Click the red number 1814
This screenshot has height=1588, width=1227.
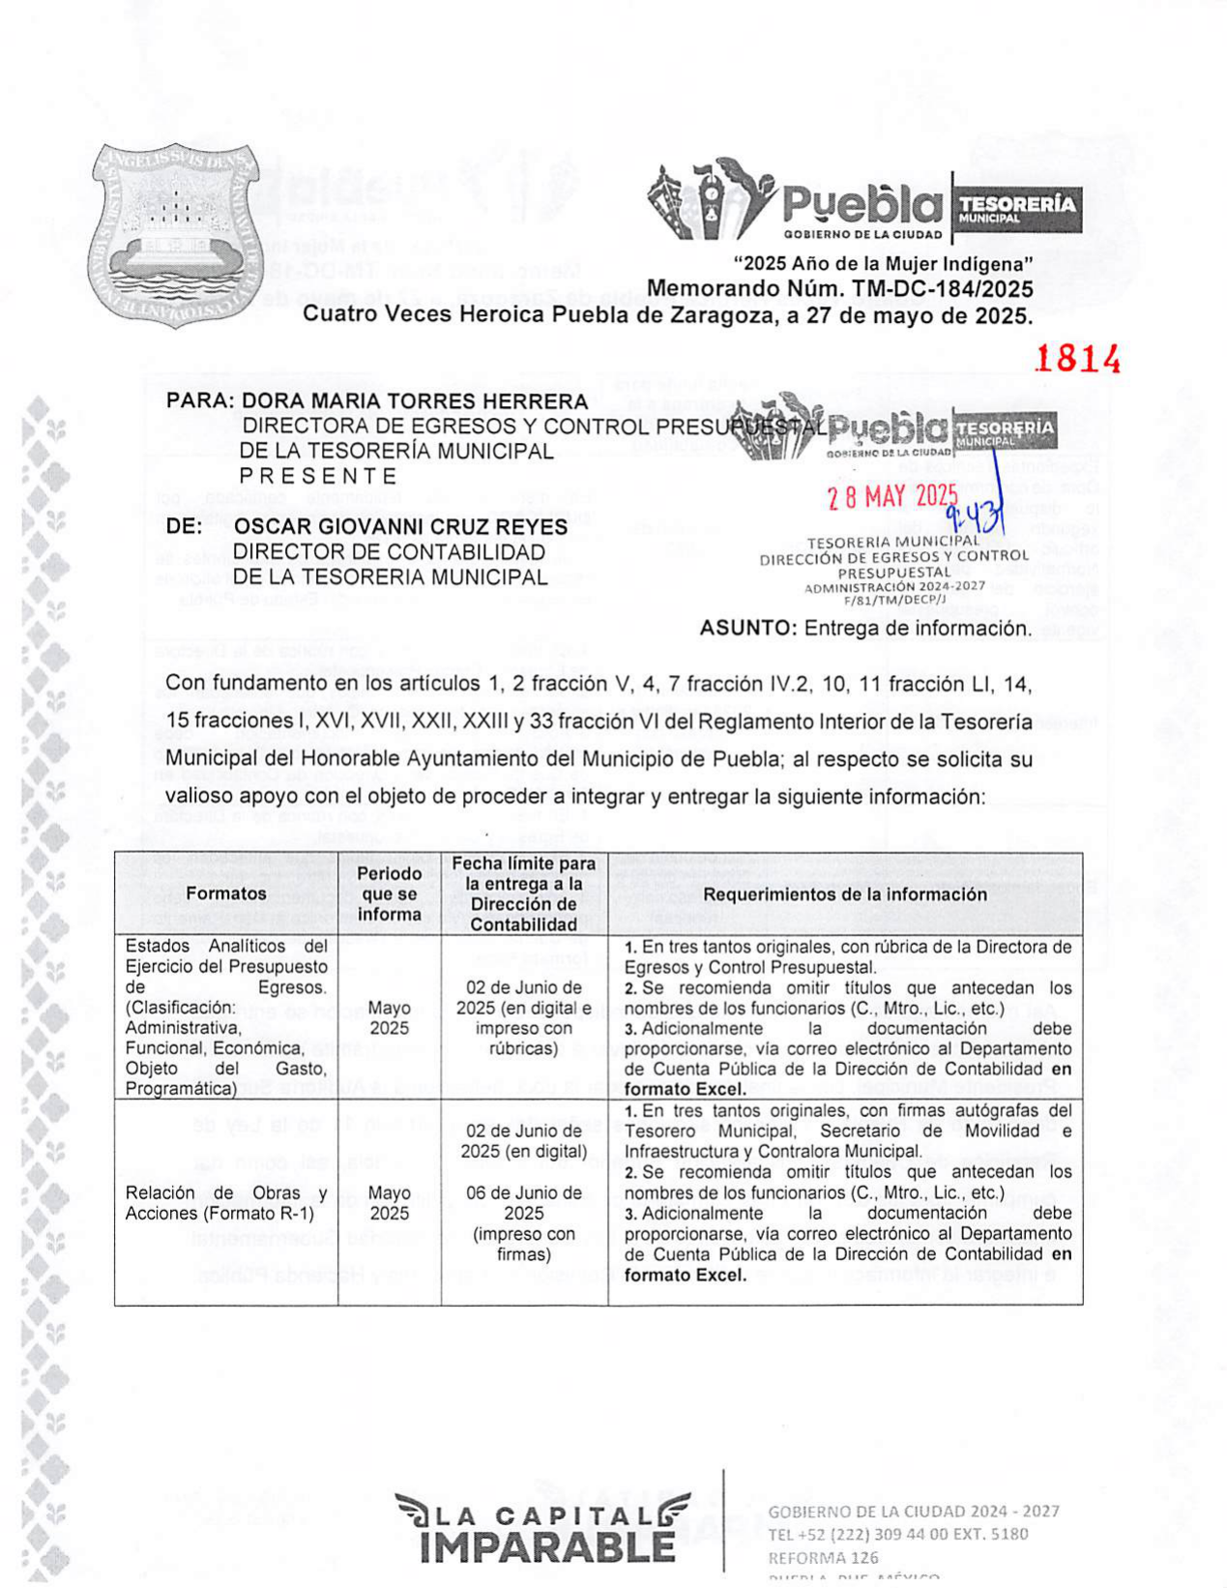pos(1077,359)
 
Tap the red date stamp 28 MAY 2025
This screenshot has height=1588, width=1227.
pos(891,497)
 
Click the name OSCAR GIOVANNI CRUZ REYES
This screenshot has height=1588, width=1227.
pos(400,527)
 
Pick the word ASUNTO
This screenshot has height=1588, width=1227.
pos(746,628)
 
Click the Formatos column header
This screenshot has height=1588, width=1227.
pos(225,894)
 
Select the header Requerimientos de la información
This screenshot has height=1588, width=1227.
pos(844,894)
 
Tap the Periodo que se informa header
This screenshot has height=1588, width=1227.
pos(389,894)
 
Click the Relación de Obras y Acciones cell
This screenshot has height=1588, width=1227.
pos(225,1203)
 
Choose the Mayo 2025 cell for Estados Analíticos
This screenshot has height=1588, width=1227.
pos(389,1017)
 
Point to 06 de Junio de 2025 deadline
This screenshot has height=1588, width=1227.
pos(523,1202)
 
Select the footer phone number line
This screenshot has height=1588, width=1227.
pos(897,1534)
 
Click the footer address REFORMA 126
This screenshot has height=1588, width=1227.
pos(823,1557)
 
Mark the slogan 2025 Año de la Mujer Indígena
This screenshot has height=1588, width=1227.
pos(883,264)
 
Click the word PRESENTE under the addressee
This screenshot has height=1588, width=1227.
pos(318,476)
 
